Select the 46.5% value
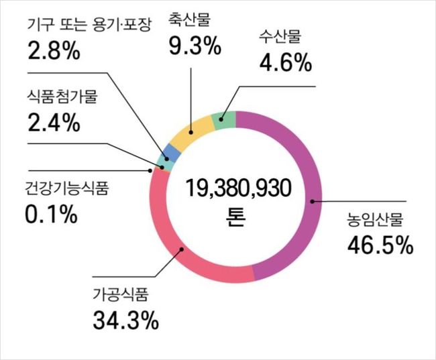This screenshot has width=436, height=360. tap(379, 245)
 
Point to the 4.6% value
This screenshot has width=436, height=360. tap(284, 63)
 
